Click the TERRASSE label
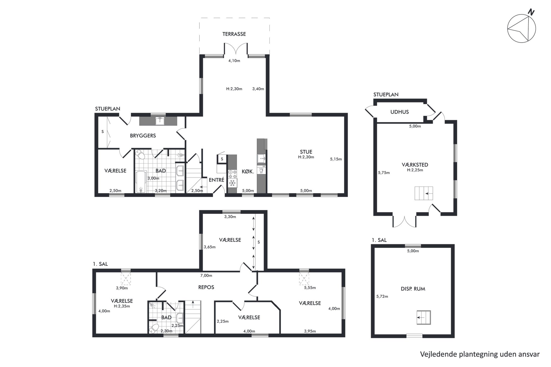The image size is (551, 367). point(234,34)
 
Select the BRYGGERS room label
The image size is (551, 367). point(143,136)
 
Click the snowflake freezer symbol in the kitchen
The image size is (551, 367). point(232,183)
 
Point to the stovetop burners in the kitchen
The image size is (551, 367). point(232,174)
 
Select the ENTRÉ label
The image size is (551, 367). point(216,180)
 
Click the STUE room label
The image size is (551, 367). point(306,152)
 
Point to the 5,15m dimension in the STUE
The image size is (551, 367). point(336,159)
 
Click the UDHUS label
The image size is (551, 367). point(399,112)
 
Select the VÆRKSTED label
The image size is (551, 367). point(415,165)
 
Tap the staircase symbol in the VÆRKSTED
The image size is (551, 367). point(424,193)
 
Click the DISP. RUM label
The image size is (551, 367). point(413,289)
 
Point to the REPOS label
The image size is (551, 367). point(206,287)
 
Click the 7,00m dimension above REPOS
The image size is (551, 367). point(206,275)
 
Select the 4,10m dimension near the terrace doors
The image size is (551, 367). point(234,61)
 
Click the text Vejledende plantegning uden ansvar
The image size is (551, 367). point(480,355)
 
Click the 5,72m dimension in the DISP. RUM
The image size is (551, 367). point(382,297)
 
